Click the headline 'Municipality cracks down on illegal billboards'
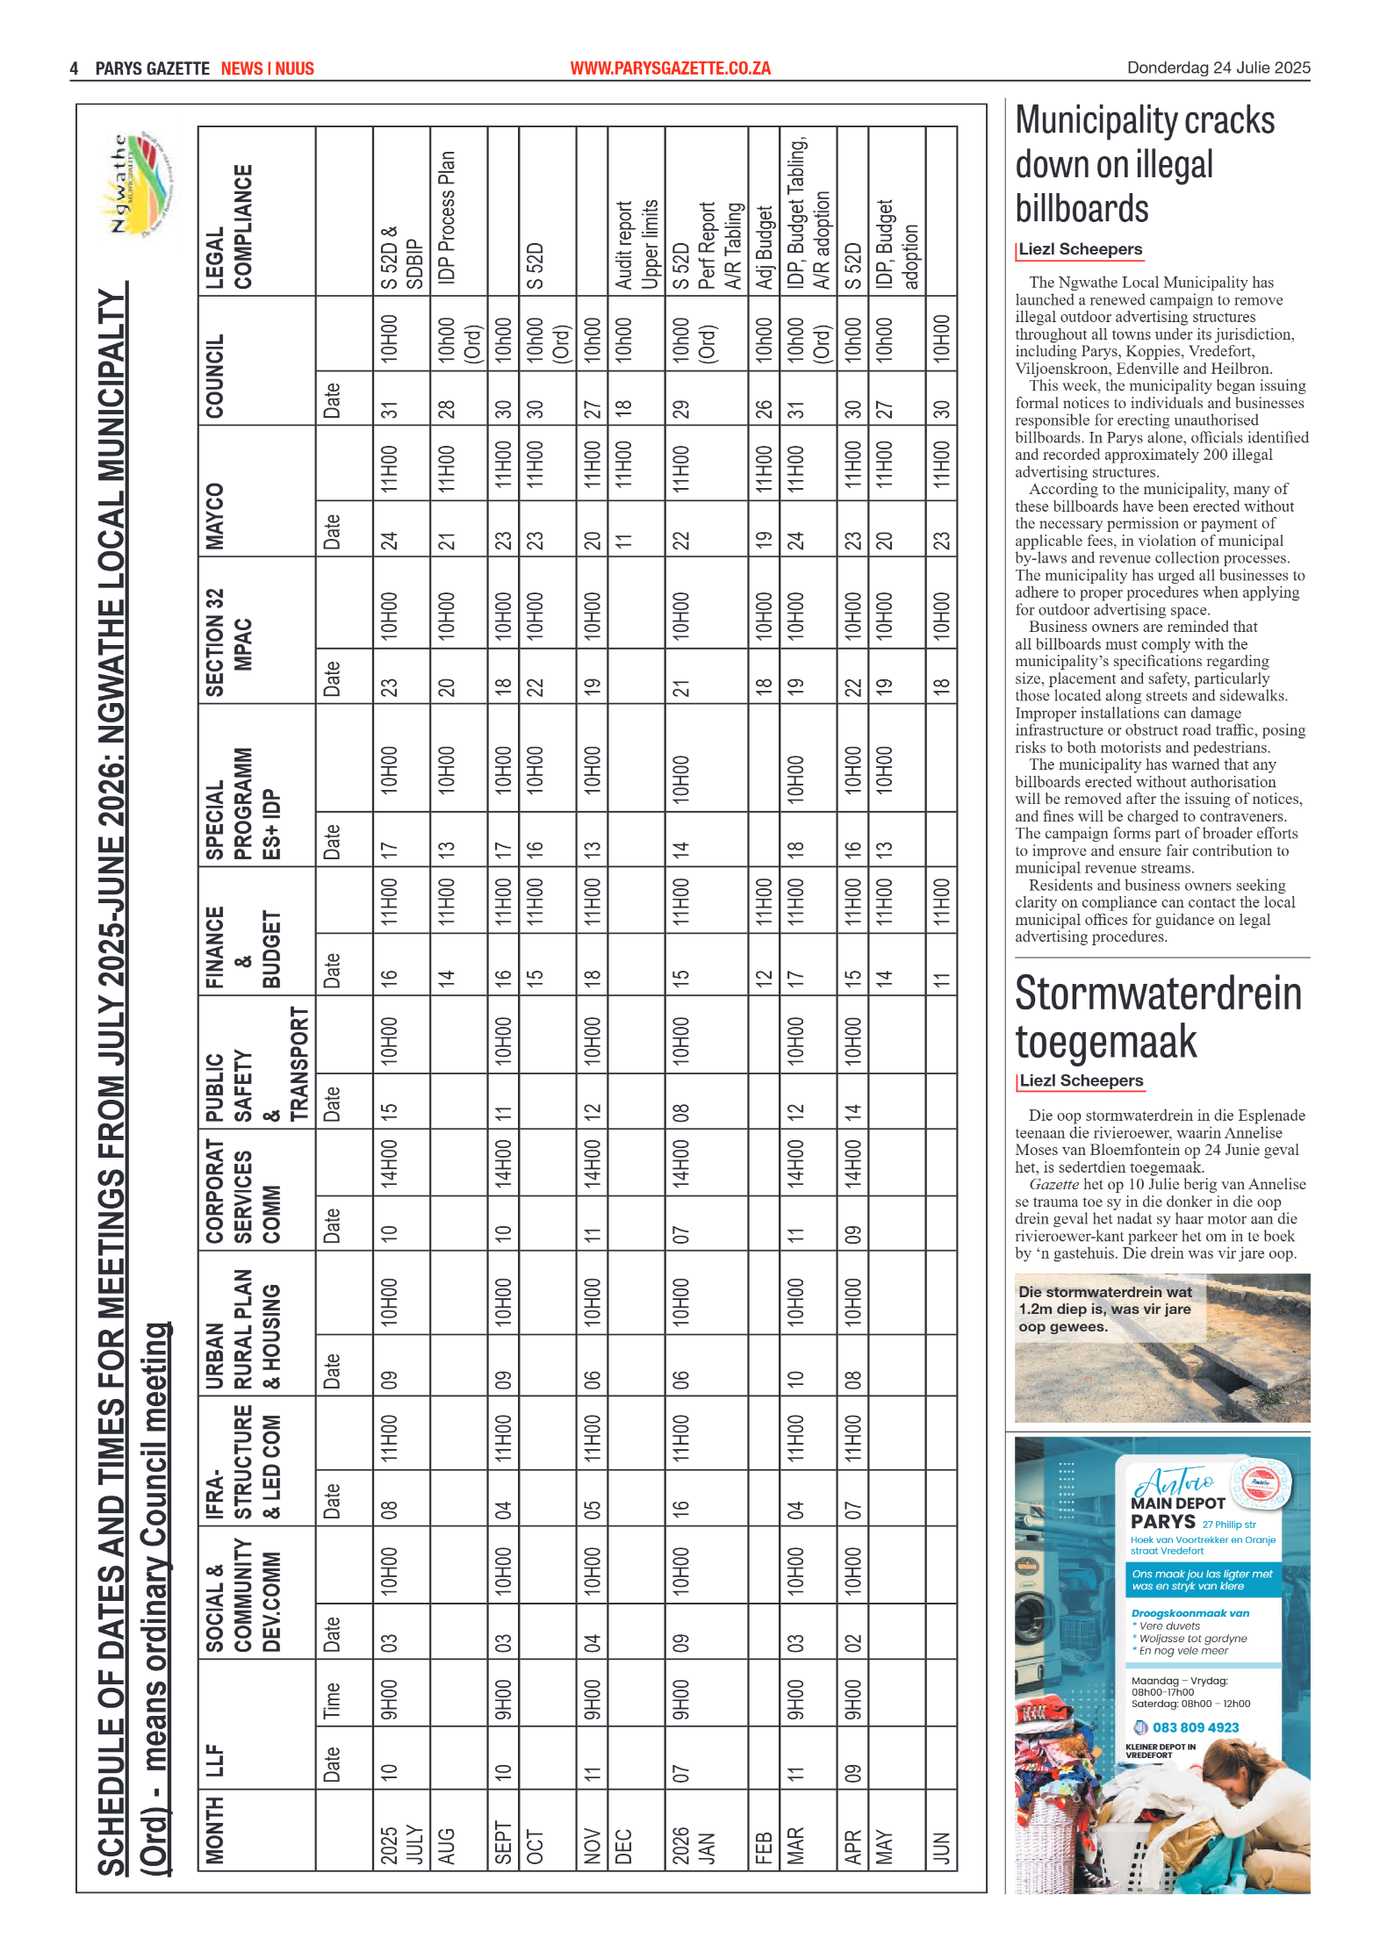(x=1144, y=164)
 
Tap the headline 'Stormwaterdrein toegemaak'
(x=1157, y=1017)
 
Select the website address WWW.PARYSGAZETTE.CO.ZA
(x=670, y=68)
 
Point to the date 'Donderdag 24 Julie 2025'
(x=1218, y=68)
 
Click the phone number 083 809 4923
(x=1195, y=1727)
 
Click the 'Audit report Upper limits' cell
(x=636, y=245)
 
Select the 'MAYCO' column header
(x=215, y=516)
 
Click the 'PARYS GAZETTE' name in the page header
(x=152, y=68)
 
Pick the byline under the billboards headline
(x=1080, y=249)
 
